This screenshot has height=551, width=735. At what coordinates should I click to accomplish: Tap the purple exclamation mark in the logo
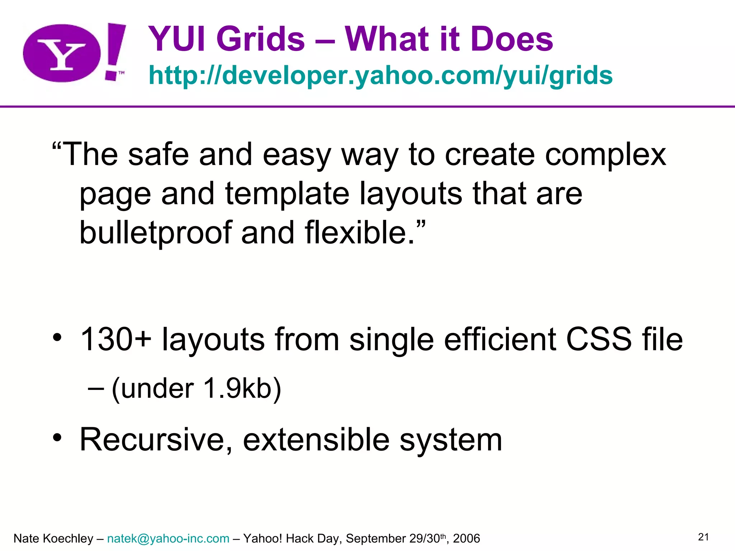(x=115, y=48)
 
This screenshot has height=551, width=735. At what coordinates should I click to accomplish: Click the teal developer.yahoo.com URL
(x=380, y=75)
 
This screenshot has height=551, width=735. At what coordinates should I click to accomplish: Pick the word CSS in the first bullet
(x=599, y=339)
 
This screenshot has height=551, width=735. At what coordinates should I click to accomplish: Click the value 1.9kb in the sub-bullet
(x=237, y=388)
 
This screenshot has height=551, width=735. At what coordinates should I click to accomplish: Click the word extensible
(x=316, y=440)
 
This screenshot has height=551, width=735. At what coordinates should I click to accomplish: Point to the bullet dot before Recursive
(x=57, y=438)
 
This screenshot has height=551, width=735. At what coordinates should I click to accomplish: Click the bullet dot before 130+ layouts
(x=57, y=338)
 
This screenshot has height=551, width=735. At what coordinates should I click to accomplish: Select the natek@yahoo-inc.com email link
(x=168, y=538)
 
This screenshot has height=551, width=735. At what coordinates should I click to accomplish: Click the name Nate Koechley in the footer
(x=53, y=538)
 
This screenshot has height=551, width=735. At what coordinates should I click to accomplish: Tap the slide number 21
(x=703, y=537)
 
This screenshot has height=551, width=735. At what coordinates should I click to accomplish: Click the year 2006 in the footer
(x=466, y=538)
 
